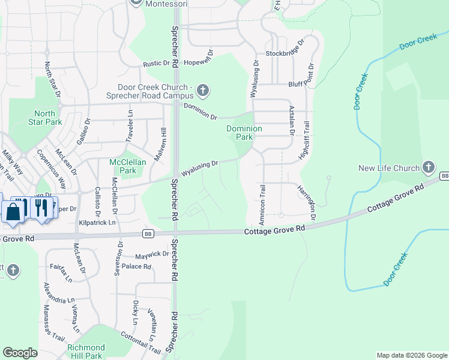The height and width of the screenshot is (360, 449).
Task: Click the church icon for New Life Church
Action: pyautogui.click(x=429, y=166)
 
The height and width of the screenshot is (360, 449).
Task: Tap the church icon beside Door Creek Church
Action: pyautogui.click(x=203, y=91)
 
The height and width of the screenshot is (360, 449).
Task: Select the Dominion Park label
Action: pyautogui.click(x=244, y=133)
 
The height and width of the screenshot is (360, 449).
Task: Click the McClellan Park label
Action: pyautogui.click(x=124, y=166)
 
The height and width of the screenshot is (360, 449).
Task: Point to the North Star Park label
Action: pyautogui.click(x=44, y=118)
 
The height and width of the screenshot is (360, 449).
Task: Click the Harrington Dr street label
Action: pyautogui.click(x=306, y=202)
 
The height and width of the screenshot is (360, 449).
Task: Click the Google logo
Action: pyautogui.click(x=20, y=353)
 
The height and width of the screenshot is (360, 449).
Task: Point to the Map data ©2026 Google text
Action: pyautogui.click(x=412, y=355)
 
